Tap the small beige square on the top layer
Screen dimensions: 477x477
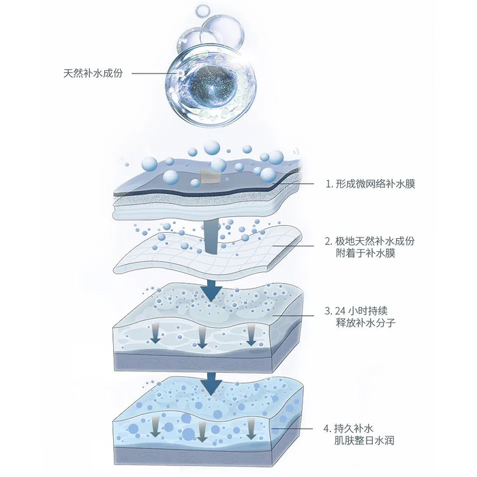click(210, 178)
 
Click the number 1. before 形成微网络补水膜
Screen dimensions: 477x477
click(328, 184)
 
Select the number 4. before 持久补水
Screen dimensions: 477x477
click(328, 429)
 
